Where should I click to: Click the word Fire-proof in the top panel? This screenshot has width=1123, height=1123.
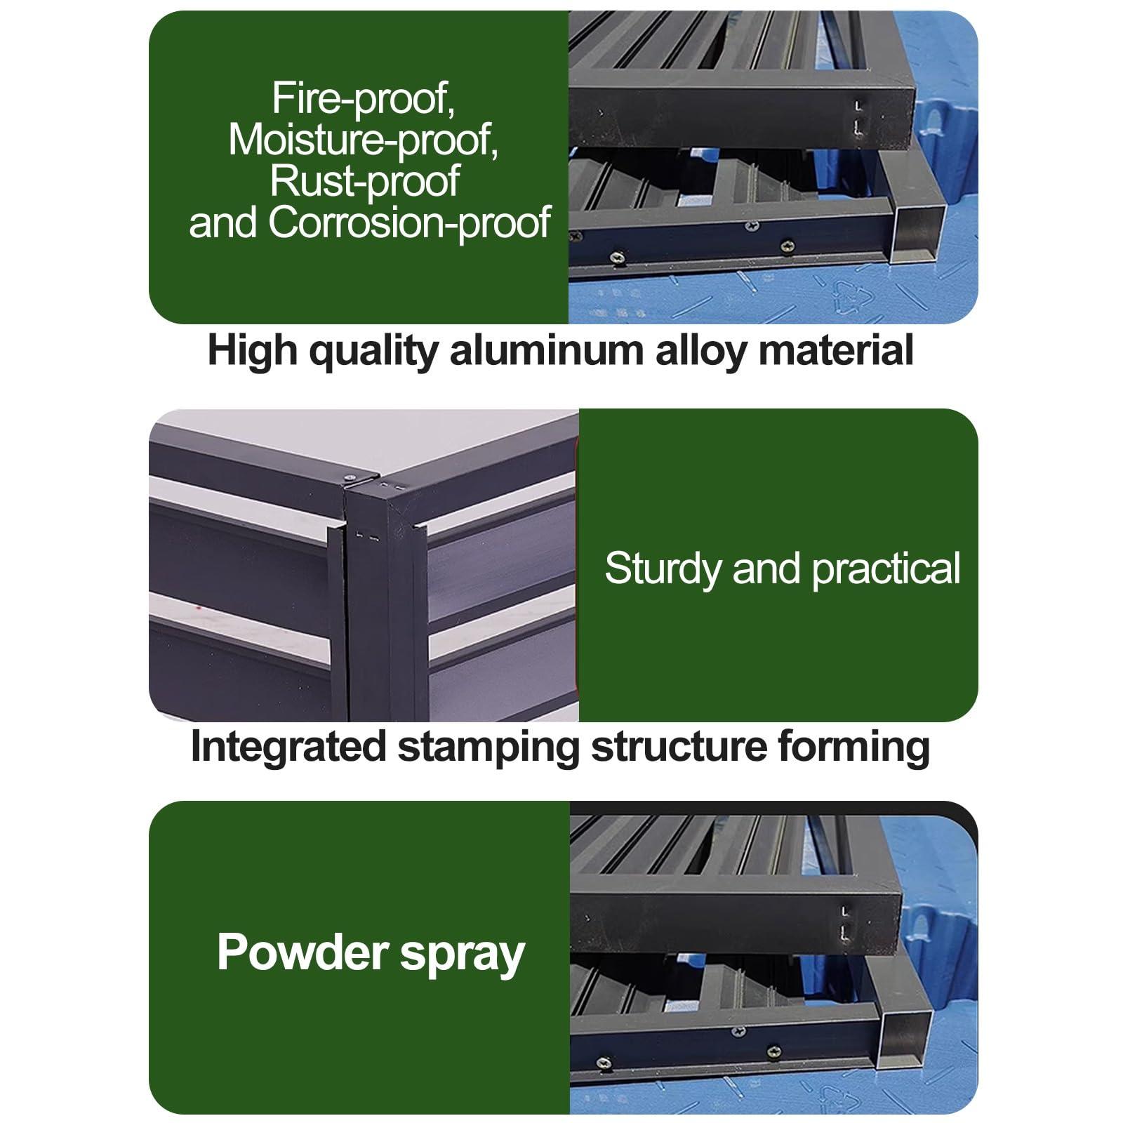click(x=364, y=99)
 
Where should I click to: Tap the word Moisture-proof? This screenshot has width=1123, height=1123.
click(x=364, y=140)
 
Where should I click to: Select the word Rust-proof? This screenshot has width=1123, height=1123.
click(x=364, y=181)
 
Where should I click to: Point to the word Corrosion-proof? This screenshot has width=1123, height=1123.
click(x=409, y=222)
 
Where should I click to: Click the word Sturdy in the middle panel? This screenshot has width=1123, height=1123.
click(x=663, y=569)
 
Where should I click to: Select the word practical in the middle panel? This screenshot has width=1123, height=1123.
click(x=886, y=569)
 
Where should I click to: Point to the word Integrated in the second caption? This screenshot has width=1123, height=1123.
click(x=288, y=747)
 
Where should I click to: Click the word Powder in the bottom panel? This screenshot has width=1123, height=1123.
click(x=303, y=952)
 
